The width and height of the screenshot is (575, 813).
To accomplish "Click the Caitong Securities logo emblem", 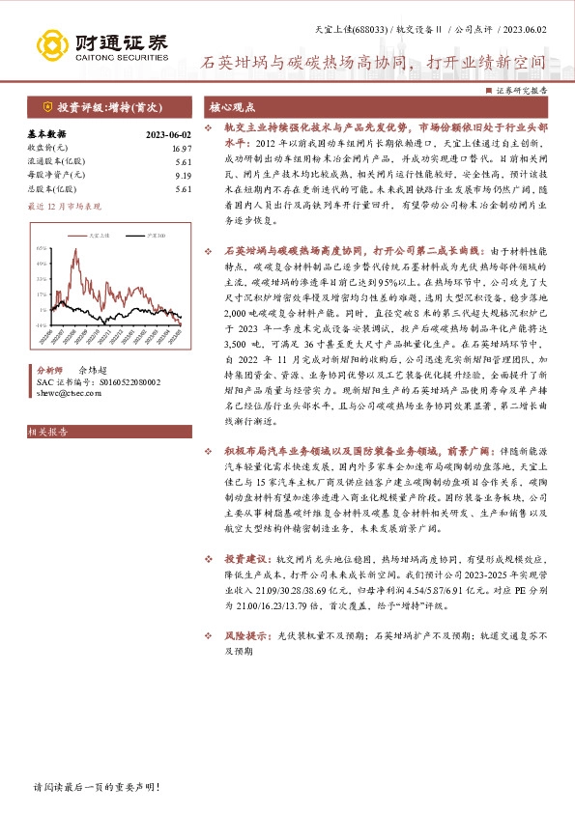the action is [56, 45].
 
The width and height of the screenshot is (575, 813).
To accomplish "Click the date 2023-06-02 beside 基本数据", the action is [168, 134].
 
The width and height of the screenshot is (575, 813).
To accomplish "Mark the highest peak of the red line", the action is [82, 256].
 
